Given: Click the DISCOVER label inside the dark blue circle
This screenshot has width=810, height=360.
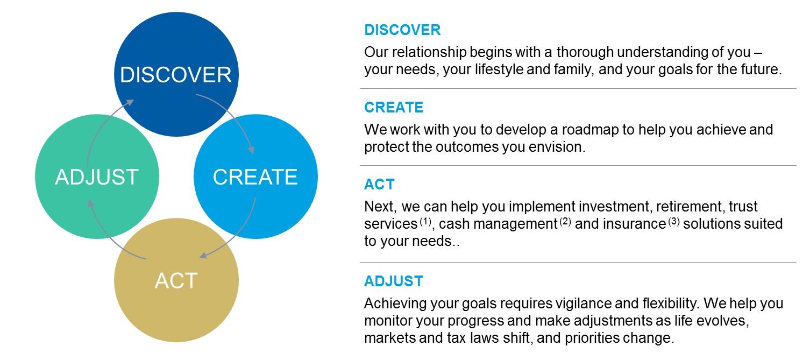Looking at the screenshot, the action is tap(176, 75).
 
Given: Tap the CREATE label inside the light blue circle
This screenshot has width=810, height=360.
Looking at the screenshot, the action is tap(255, 177).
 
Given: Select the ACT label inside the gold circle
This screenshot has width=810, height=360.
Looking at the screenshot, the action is tap(176, 280).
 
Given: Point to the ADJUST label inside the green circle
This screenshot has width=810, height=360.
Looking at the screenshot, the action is tap(97, 177).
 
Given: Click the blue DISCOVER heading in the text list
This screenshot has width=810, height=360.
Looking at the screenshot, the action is tap(402, 30).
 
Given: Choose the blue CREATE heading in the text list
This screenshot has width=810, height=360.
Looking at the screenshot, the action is tap(394, 107).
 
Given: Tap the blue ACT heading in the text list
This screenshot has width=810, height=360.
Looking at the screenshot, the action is tap(379, 184).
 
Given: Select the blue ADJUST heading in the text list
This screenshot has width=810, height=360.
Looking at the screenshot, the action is tap(393, 281).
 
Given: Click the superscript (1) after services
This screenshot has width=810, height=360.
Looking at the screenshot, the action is tap(425, 221).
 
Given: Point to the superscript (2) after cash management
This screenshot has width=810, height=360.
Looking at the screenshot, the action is tap(565, 221).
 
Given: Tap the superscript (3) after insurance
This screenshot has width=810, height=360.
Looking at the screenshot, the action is tap(674, 221).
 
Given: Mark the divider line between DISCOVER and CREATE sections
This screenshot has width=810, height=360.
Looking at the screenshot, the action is tap(578, 88).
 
